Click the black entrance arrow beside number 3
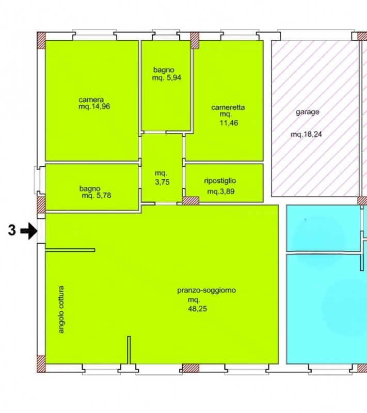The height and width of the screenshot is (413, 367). [29, 231]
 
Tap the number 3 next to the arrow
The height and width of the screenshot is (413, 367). [12, 230]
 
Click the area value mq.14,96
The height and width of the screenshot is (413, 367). [94, 106]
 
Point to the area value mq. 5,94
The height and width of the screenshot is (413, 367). [167, 78]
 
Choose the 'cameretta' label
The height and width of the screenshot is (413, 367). [228, 107]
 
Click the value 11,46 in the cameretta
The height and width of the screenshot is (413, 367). [229, 123]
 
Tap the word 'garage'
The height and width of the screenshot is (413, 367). [308, 112]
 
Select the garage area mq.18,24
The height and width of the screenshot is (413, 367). [306, 134]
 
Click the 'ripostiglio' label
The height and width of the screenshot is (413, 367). [220, 181]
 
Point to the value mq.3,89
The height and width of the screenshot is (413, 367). [220, 192]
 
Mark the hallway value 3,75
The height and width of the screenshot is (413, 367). [162, 182]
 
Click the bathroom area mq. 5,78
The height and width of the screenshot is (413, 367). [97, 196]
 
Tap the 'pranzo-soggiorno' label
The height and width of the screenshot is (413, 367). [206, 290]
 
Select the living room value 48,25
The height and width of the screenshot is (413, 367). [198, 308]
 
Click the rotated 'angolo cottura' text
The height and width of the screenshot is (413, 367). [61, 309]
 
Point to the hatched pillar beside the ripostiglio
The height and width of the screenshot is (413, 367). [190, 201]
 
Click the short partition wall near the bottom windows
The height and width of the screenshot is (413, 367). [129, 350]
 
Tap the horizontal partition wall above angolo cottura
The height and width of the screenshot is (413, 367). [70, 250]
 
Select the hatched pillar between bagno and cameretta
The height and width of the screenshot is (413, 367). [195, 40]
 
